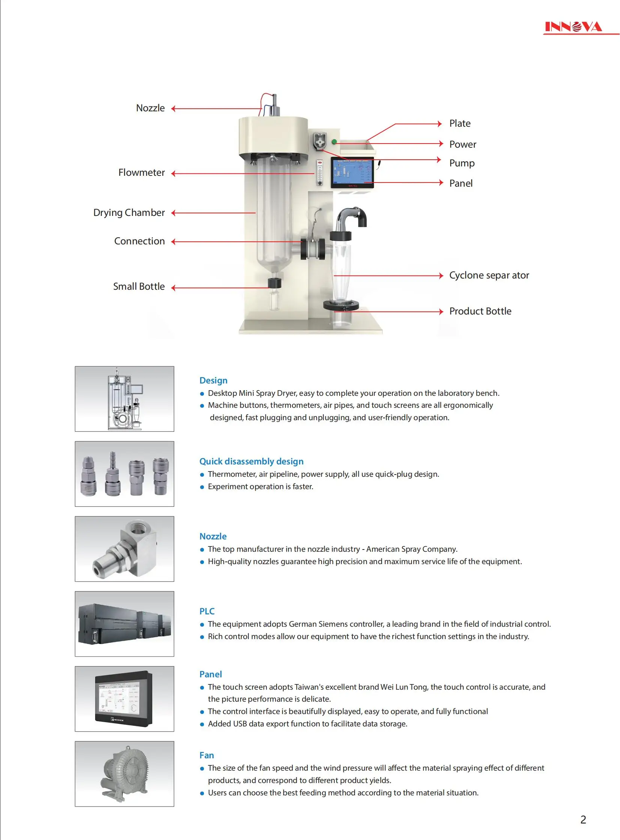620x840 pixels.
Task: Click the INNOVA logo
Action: [x=573, y=27]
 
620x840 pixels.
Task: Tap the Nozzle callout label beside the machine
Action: [x=150, y=108]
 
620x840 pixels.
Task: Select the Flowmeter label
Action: [x=141, y=173]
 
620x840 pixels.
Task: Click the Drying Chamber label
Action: [x=129, y=213]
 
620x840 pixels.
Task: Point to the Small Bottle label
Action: [x=139, y=287]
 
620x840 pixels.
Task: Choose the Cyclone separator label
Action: [x=489, y=276]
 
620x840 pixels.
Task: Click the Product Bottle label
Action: [x=480, y=311]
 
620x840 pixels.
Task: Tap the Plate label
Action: [x=460, y=123]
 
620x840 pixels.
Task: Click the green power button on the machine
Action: [x=334, y=142]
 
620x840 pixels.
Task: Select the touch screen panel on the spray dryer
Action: [x=352, y=172]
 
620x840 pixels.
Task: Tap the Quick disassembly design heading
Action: [x=251, y=461]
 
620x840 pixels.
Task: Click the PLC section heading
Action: [x=207, y=611]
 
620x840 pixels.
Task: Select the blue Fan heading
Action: [x=207, y=755]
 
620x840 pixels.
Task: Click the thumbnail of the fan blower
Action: [x=124, y=774]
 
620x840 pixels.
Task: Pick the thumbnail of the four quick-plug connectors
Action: [x=124, y=474]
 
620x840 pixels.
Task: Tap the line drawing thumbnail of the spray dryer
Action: [x=124, y=399]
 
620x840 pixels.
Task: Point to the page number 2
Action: [x=583, y=820]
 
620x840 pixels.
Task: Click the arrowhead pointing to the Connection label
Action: [x=174, y=242]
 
